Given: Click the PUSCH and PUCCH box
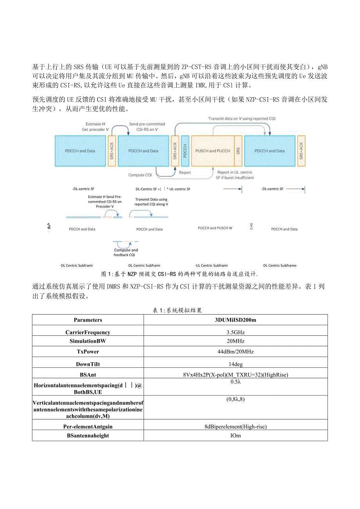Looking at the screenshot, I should [x=212, y=151].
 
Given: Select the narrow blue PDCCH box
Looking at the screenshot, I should [x=185, y=151].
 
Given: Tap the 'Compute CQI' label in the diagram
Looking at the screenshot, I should [x=140, y=175].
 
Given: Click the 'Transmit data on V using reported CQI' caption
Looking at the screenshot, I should [x=244, y=119].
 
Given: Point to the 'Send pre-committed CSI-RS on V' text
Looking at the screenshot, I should [x=147, y=126].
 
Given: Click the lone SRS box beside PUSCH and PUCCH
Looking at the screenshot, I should [x=238, y=151].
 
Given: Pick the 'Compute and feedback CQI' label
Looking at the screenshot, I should [x=126, y=252].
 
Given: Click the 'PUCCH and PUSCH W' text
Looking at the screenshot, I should [x=215, y=228].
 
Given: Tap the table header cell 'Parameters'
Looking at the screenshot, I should [x=88, y=320].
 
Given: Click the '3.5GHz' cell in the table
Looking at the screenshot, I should [x=235, y=333].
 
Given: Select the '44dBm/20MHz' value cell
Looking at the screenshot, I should [x=235, y=352].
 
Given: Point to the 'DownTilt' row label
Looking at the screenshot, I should [x=88, y=364].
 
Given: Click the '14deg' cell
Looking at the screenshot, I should [x=235, y=364].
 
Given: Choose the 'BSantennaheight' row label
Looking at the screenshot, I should [x=88, y=435].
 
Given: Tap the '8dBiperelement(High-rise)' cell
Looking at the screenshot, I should [x=235, y=426].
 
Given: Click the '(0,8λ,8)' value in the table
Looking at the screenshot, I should [x=235, y=399].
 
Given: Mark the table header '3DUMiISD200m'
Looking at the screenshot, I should [x=235, y=320].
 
